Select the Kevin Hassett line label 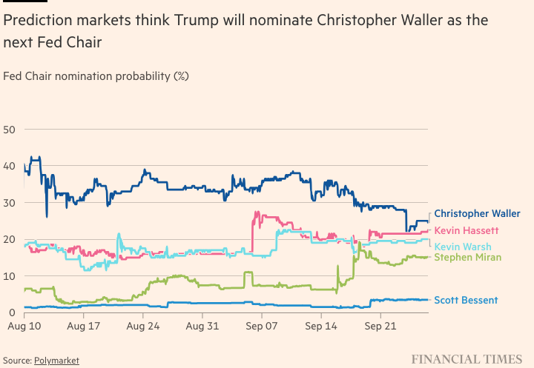pyautogui.click(x=467, y=231)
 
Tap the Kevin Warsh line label pyautogui.click(x=464, y=247)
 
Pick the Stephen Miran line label pyautogui.click(x=467, y=257)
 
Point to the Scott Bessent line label pyautogui.click(x=465, y=300)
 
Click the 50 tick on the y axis pyautogui.click(x=10, y=130)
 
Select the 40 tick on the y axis pyautogui.click(x=10, y=167)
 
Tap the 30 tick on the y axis pyautogui.click(x=10, y=203)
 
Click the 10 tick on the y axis pyautogui.click(x=10, y=276)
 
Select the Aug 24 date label pyautogui.click(x=142, y=325)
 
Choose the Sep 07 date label pyautogui.click(x=260, y=325)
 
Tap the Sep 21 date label pyautogui.click(x=378, y=325)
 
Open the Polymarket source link pyautogui.click(x=56, y=360)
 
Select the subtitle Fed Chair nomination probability pyautogui.click(x=96, y=76)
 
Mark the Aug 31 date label pyautogui.click(x=200, y=325)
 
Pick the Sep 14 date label pyautogui.click(x=318, y=325)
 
